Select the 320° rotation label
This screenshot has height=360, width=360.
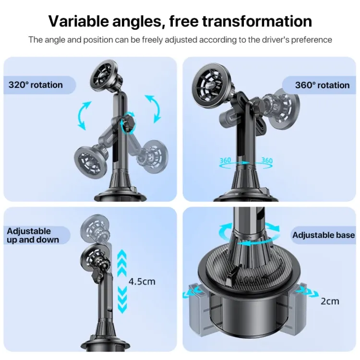(36, 85)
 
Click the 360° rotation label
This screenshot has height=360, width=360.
(322, 85)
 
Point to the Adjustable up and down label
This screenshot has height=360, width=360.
(33, 235)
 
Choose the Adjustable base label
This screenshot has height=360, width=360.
(323, 235)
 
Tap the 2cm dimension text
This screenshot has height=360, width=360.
(330, 301)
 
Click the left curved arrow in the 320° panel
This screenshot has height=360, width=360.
(83, 115)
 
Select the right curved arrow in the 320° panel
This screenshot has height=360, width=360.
(153, 108)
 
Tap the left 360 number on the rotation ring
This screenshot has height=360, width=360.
(225, 160)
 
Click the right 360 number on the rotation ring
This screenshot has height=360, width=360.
(267, 160)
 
